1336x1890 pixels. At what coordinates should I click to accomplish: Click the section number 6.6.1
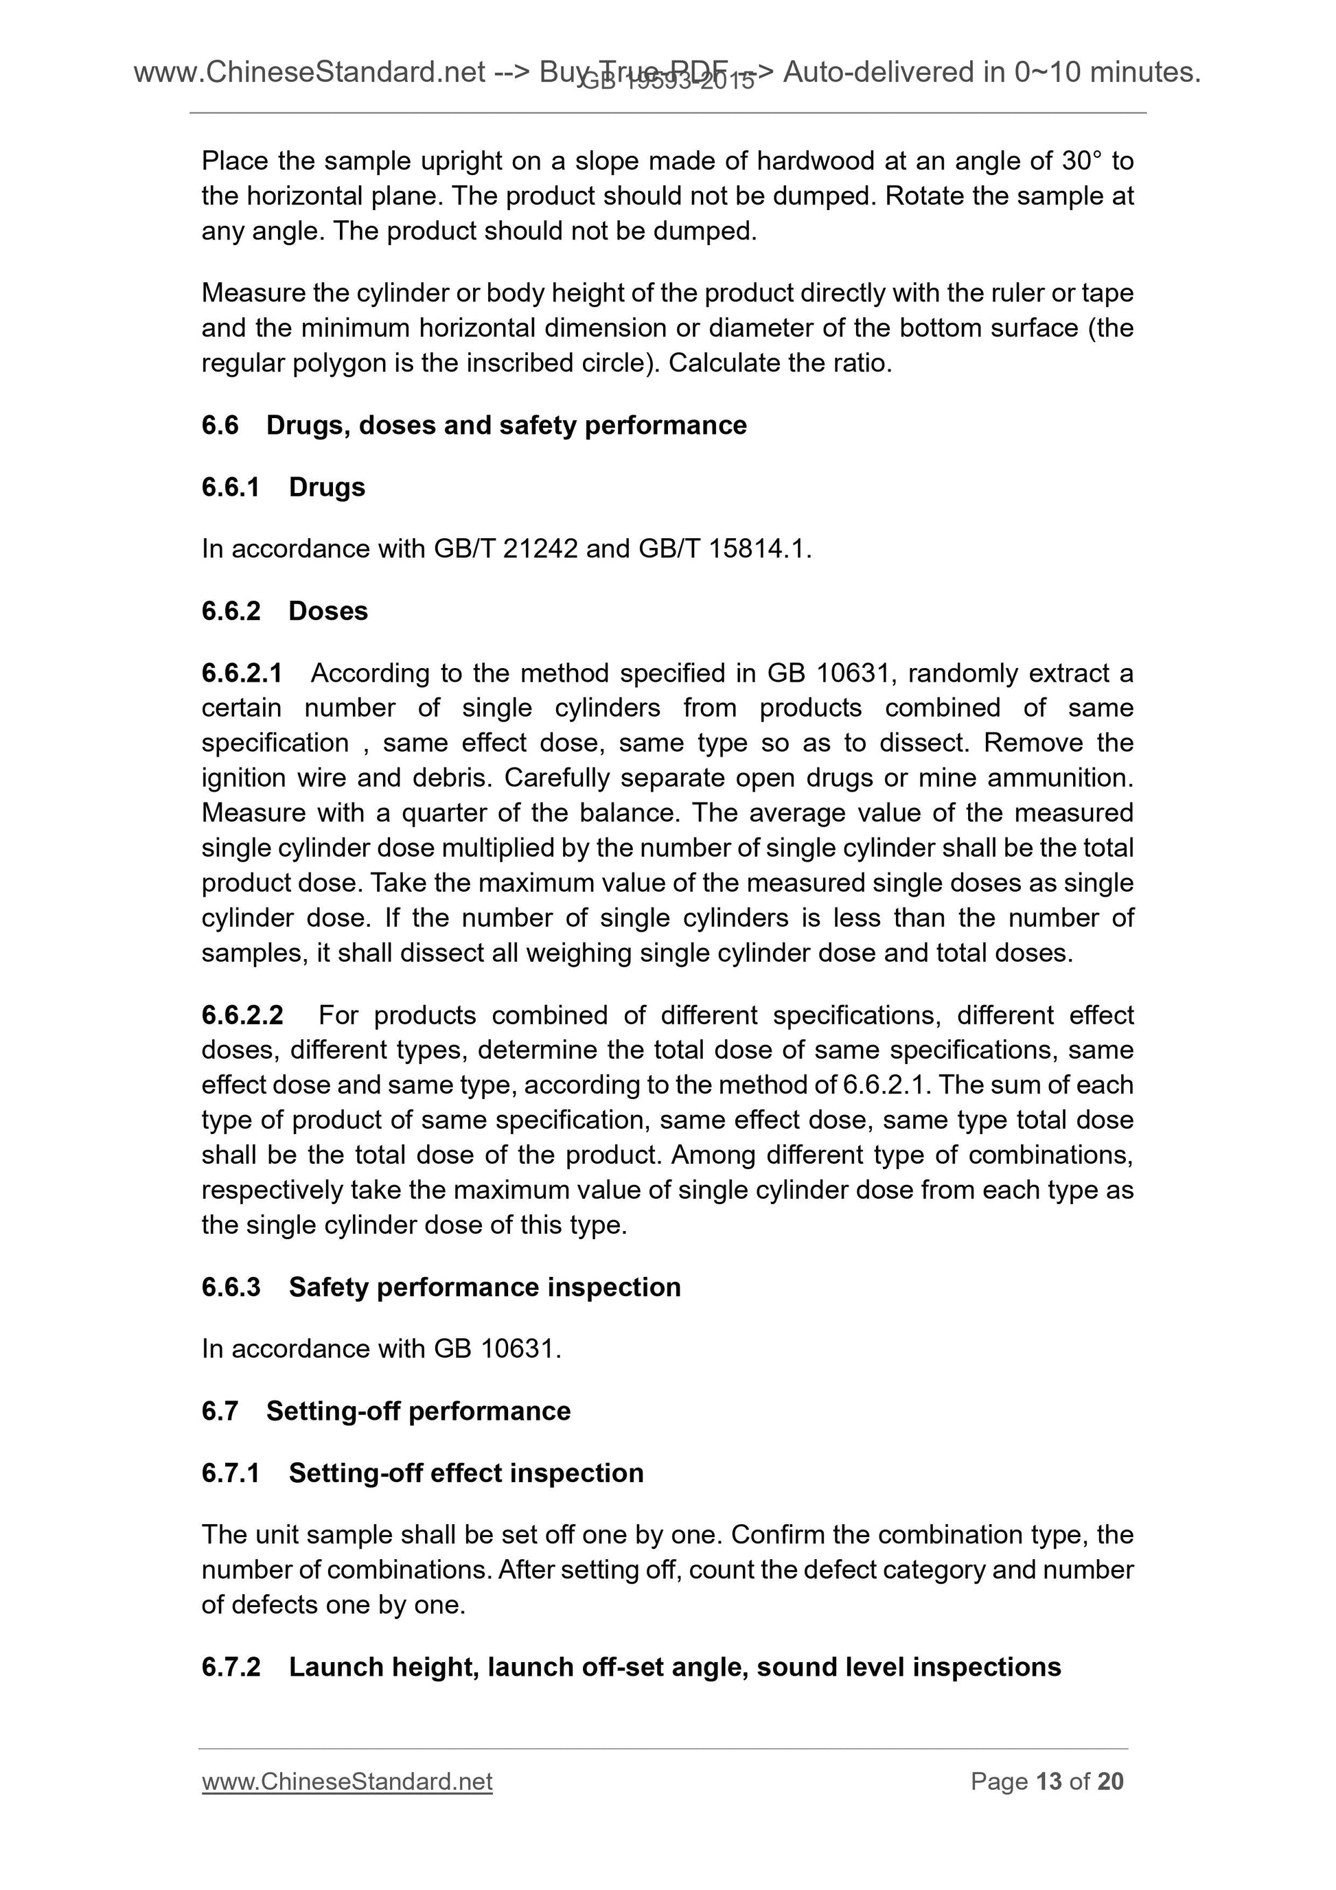coord(231,487)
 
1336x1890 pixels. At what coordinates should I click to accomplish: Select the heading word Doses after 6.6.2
coord(327,611)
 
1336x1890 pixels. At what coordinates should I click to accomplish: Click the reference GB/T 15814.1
coord(724,549)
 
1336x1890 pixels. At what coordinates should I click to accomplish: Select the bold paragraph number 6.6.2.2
coord(242,1015)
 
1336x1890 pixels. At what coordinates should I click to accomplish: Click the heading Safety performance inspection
coord(484,1287)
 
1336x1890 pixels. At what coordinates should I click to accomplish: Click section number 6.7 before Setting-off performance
coord(220,1410)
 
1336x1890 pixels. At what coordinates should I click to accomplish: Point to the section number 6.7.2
coord(231,1666)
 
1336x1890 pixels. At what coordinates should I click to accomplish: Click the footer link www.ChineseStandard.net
coord(347,1781)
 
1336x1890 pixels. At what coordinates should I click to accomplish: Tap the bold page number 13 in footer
coord(1049,1781)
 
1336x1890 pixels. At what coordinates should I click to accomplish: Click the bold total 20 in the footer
coord(1110,1781)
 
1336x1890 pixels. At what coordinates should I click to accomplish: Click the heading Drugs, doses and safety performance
coord(505,425)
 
